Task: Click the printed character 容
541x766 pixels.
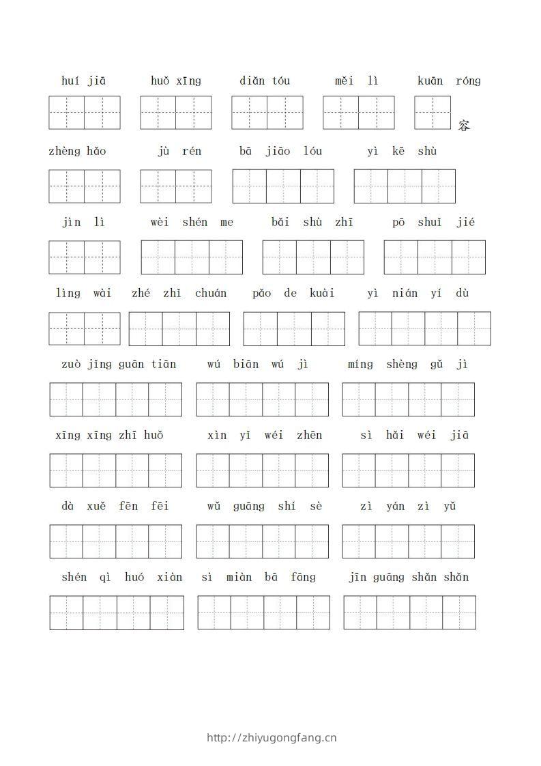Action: [465, 126]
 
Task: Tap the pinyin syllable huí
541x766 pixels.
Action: [70, 81]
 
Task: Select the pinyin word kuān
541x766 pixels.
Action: [430, 81]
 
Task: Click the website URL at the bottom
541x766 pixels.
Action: [271, 737]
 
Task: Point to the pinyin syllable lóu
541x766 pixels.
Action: [313, 151]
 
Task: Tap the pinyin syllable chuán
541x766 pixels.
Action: [210, 293]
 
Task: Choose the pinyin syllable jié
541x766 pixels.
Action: [467, 222]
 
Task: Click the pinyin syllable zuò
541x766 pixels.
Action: [71, 364]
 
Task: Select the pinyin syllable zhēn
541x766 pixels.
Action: [310, 435]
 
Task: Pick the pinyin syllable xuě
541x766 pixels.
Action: [96, 506]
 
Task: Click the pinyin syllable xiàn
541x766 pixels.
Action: [170, 577]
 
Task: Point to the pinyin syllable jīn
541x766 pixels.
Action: [357, 577]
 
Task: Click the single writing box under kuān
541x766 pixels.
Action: [433, 113]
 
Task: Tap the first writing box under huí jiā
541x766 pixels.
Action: [67, 113]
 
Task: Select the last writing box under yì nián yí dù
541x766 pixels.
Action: [474, 328]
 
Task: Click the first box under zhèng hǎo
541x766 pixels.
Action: [67, 186]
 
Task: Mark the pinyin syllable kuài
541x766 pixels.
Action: [322, 293]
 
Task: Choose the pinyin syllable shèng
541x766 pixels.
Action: [401, 364]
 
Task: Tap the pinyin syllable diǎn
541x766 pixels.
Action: [252, 81]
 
